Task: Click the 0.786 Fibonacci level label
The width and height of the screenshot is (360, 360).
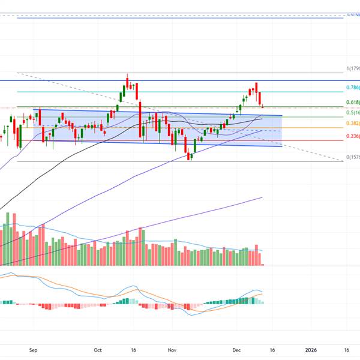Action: (x=352, y=88)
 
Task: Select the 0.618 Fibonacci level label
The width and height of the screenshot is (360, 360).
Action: (x=352, y=103)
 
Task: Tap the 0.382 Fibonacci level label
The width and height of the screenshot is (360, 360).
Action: (x=352, y=123)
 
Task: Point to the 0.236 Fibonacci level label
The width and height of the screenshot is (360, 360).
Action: (x=352, y=137)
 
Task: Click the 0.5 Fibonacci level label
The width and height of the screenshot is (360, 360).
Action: (x=352, y=113)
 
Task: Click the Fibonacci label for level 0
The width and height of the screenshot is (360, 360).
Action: (x=352, y=157)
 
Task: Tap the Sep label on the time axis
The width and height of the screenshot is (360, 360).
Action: (x=34, y=349)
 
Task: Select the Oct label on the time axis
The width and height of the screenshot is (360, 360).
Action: (x=98, y=349)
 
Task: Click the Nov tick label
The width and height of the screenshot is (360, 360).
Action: (x=172, y=349)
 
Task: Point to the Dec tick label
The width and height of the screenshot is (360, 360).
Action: (x=236, y=349)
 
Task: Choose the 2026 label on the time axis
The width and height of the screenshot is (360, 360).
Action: (x=311, y=349)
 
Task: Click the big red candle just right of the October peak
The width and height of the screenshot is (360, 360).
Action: (x=140, y=120)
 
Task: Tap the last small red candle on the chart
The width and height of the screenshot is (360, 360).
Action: (x=262, y=107)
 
